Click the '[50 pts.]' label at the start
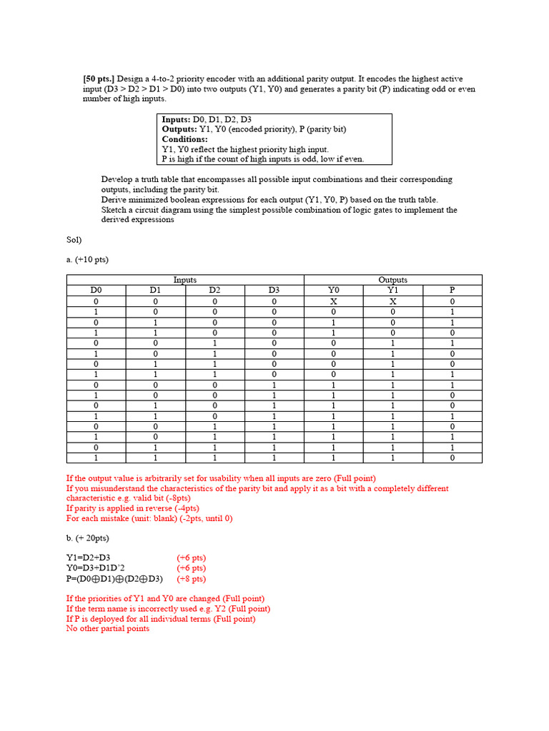pyautogui.click(x=99, y=79)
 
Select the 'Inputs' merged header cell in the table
pyautogui.click(x=185, y=280)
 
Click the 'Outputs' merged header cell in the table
pyautogui.click(x=392, y=280)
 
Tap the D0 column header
pyautogui.click(x=96, y=291)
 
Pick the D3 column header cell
pyautogui.click(x=274, y=291)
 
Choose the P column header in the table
pyautogui.click(x=452, y=291)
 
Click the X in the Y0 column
pyautogui.click(x=333, y=302)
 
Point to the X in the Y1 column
pyautogui.click(x=392, y=302)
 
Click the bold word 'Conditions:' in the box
pyautogui.click(x=184, y=139)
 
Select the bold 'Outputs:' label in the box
pyautogui.click(x=179, y=129)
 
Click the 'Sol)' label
pyautogui.click(x=74, y=240)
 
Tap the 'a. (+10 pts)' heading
pyautogui.click(x=87, y=260)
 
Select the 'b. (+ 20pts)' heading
pyautogui.click(x=88, y=538)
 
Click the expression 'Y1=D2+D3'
pyautogui.click(x=89, y=558)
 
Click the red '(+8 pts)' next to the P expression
pyautogui.click(x=191, y=579)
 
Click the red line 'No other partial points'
pyautogui.click(x=107, y=628)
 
